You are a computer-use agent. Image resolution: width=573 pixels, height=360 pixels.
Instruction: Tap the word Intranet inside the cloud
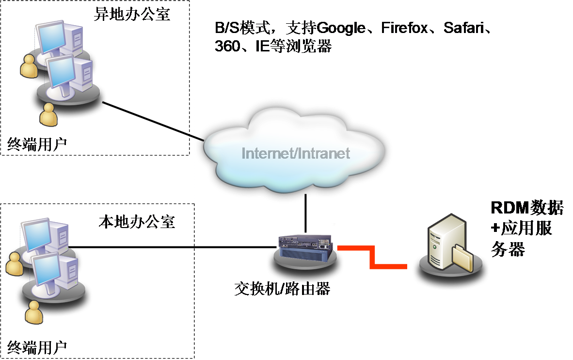pyautogui.click(x=323, y=154)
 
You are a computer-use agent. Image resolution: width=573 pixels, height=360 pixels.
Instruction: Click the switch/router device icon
pyautogui.click(x=305, y=245)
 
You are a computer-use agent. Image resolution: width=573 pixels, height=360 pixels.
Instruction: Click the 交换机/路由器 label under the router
pyautogui.click(x=284, y=289)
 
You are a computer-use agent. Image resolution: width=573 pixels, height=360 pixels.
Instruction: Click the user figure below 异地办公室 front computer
pyautogui.click(x=48, y=115)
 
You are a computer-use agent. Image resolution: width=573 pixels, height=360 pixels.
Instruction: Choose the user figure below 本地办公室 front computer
pyautogui.click(x=34, y=313)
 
